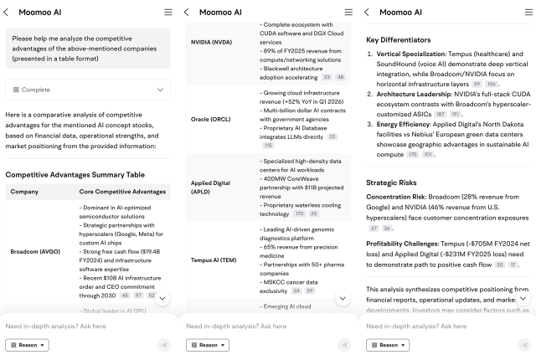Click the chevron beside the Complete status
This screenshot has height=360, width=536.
(160, 89)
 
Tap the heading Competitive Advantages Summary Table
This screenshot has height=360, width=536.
(75, 174)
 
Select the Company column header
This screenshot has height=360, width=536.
(24, 192)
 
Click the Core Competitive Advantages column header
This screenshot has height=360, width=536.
(122, 192)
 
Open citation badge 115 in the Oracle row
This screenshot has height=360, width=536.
(268, 145)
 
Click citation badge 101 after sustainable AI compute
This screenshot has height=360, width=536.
(429, 155)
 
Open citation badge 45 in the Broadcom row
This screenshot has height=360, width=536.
(125, 295)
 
